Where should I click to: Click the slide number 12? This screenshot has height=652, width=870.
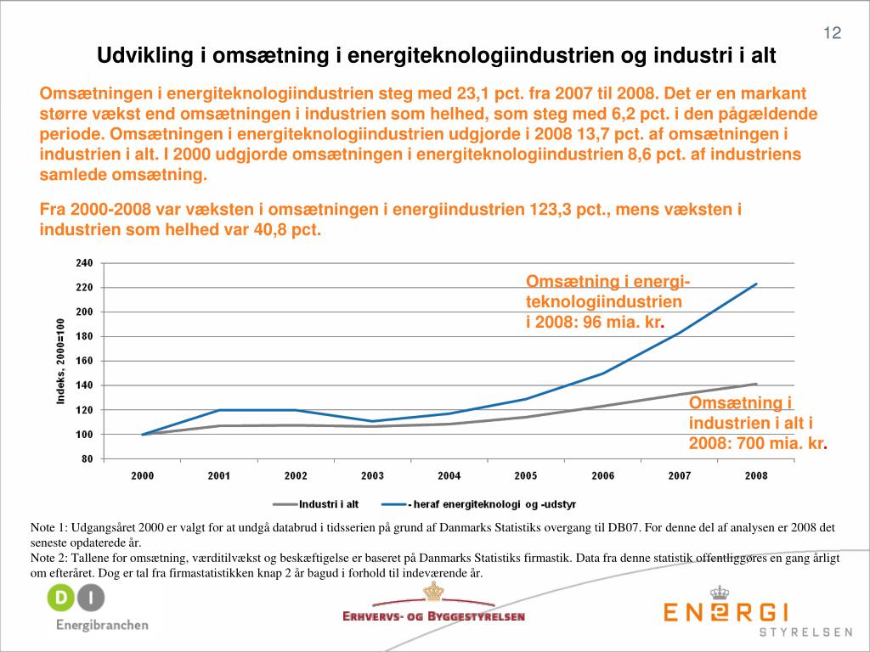[832, 33]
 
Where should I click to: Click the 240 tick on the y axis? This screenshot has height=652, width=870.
[84, 263]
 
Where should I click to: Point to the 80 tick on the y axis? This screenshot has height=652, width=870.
[87, 459]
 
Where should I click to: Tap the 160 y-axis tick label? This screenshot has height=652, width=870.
[84, 362]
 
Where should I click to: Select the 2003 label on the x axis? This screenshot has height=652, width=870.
[372, 476]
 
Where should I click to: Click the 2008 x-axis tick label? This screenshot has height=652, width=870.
[756, 476]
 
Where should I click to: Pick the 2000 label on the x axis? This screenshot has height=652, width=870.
[142, 476]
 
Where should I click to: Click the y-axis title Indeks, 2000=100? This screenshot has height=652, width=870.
[61, 362]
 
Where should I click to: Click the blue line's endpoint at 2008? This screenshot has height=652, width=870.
[756, 284]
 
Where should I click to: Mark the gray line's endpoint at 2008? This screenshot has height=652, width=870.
[756, 384]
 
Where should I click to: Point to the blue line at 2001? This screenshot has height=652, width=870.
[219, 410]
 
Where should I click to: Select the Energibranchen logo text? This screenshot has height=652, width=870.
[102, 626]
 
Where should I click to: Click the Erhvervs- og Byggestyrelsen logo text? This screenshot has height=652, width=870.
[433, 616]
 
